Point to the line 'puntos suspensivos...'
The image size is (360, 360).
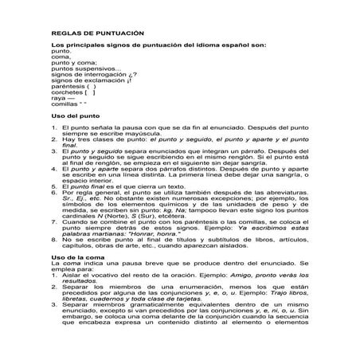[85, 68]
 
